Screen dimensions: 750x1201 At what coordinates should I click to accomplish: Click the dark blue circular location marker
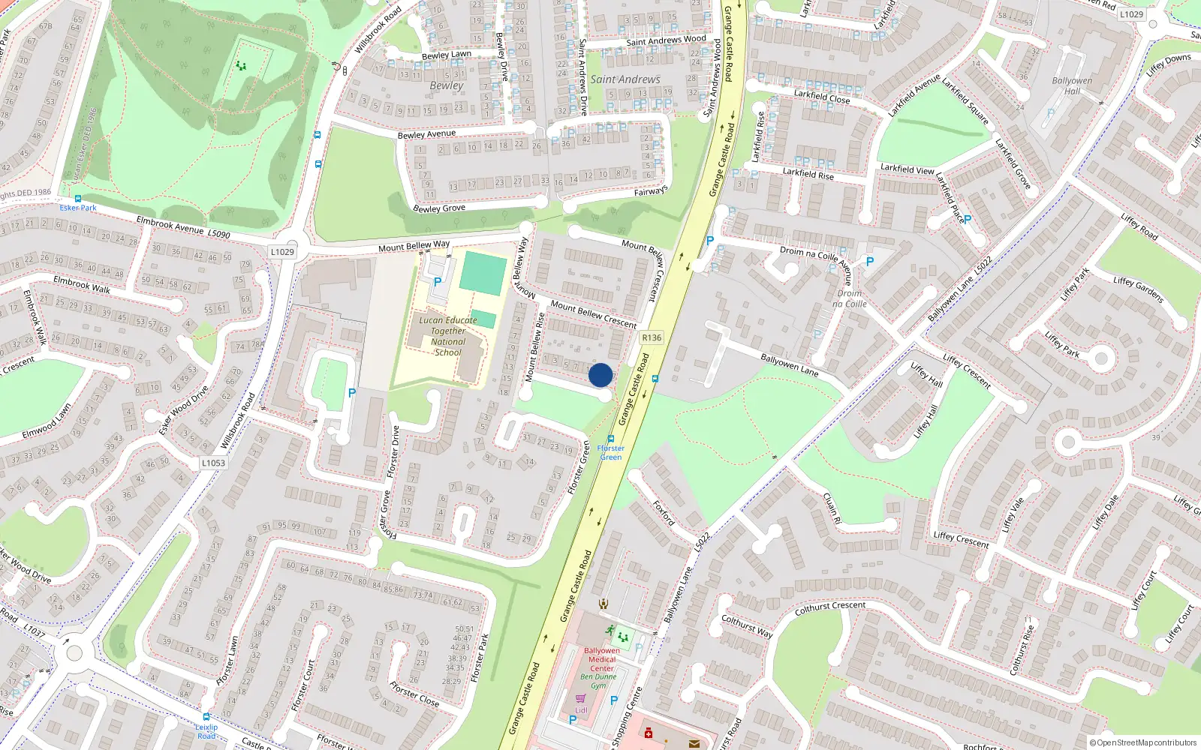click(600, 375)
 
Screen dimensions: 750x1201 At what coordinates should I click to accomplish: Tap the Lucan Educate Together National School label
click(448, 336)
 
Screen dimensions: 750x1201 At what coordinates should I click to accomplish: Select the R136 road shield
click(652, 337)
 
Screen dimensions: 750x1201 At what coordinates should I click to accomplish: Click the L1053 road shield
click(213, 463)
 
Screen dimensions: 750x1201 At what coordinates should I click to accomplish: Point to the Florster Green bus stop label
click(610, 452)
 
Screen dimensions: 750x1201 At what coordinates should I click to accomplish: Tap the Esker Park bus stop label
click(78, 208)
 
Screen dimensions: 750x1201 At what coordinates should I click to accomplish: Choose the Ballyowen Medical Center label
click(601, 659)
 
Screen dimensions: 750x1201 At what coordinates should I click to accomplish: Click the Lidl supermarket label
click(581, 709)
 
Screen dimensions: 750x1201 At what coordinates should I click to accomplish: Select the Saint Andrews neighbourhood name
click(625, 79)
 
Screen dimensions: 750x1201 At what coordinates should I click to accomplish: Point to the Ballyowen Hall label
click(1072, 85)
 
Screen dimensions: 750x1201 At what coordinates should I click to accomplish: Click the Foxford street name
click(664, 513)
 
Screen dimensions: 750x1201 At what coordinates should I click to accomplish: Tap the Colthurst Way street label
click(746, 626)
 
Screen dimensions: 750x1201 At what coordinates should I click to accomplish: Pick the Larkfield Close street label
click(822, 97)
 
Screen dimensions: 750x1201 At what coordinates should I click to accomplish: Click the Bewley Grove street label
click(439, 208)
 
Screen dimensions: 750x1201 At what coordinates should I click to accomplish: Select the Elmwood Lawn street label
click(47, 421)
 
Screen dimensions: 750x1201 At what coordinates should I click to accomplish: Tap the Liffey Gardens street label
click(1138, 289)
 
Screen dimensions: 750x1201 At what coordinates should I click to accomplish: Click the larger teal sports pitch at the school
click(483, 273)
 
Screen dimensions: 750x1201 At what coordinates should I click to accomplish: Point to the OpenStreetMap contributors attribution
click(1142, 742)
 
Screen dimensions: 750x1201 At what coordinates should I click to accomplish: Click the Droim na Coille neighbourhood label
click(850, 298)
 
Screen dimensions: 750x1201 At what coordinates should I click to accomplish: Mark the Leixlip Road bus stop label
click(206, 731)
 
